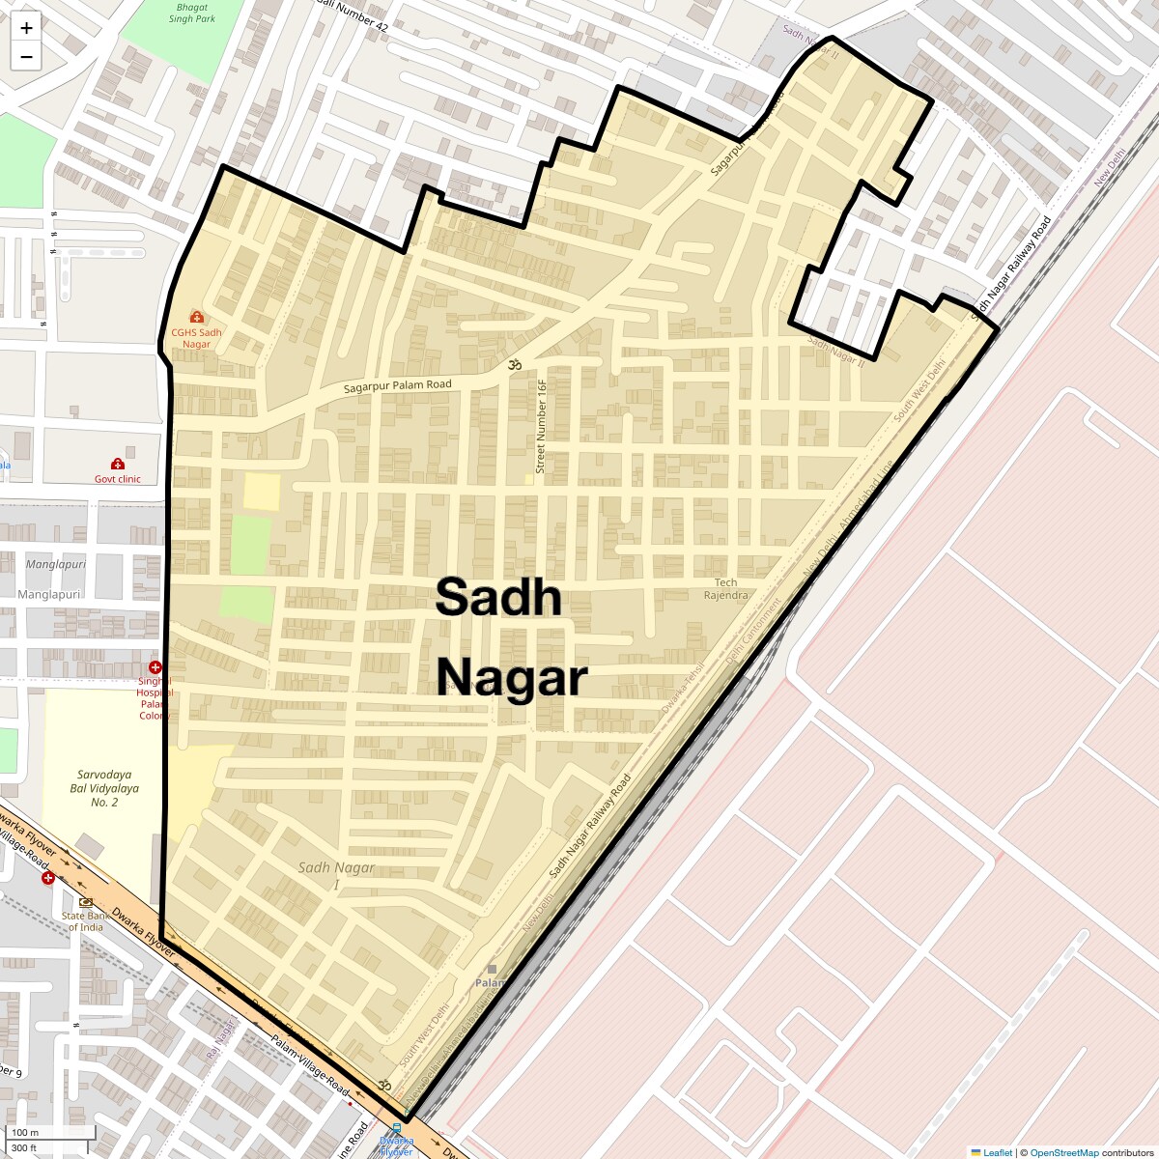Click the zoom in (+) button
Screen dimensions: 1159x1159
point(26,28)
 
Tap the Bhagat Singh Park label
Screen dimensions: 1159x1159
point(191,13)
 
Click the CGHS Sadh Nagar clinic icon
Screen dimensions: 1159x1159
point(197,317)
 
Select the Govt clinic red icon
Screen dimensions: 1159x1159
point(118,465)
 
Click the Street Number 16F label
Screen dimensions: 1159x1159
point(541,426)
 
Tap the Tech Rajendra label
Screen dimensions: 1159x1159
point(725,588)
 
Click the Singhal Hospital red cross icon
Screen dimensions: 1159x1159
point(155,667)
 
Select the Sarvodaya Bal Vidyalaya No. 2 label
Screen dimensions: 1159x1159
point(104,788)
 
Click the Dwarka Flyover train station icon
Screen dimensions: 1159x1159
point(396,1128)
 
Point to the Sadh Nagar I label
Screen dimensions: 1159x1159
point(335,875)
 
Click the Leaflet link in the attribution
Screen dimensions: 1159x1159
point(997,1152)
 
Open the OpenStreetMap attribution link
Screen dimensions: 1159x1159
point(1063,1152)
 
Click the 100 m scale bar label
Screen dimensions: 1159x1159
point(25,1132)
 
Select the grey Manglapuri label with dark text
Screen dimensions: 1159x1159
point(48,595)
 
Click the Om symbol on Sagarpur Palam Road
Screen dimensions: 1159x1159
point(514,364)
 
